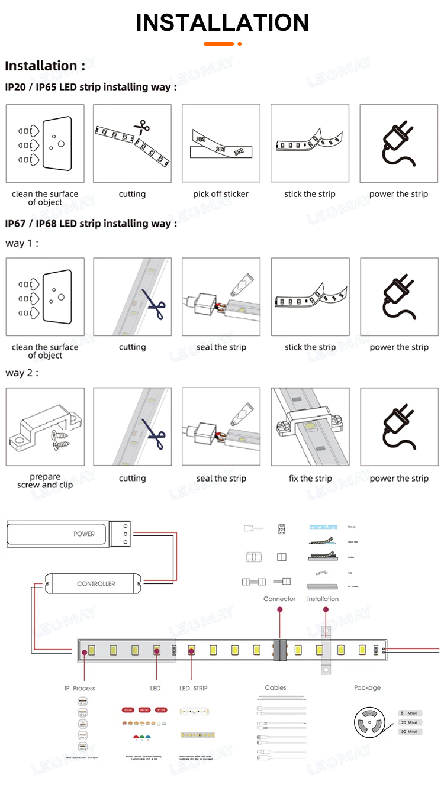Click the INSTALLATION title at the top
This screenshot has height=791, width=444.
tap(222, 23)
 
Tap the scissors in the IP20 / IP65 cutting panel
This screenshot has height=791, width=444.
tap(141, 127)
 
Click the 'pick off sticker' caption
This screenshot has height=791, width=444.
tap(221, 194)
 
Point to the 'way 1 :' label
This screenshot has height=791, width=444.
tap(22, 243)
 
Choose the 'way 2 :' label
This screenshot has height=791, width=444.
tap(22, 373)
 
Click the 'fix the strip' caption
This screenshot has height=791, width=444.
tap(310, 478)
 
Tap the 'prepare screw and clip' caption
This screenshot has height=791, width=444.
tap(45, 481)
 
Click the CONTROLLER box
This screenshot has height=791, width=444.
tap(93, 583)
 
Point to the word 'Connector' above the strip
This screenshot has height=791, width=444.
tap(279, 599)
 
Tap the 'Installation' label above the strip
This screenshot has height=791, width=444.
tap(323, 599)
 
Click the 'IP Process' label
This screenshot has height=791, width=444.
tap(79, 688)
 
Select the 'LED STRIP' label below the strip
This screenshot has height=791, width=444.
tap(193, 688)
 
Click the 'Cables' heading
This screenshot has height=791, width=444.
tap(275, 687)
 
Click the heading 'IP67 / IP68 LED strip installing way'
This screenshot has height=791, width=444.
tap(91, 224)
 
